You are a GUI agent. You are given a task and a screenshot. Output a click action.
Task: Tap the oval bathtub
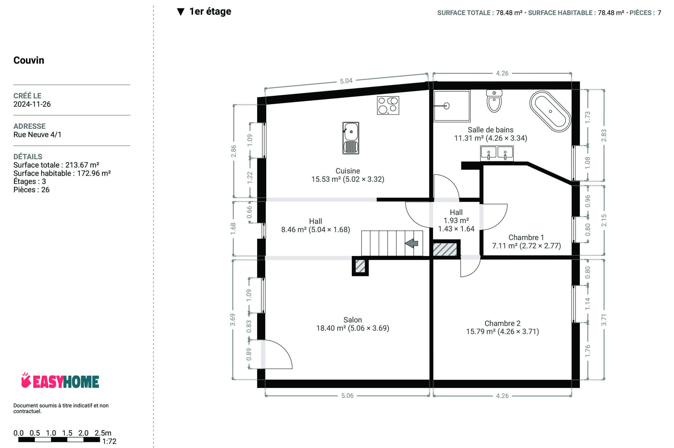click(x=550, y=111)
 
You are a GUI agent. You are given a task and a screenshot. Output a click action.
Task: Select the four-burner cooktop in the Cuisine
click(x=388, y=105)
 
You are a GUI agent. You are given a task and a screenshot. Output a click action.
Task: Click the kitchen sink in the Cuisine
click(x=351, y=138)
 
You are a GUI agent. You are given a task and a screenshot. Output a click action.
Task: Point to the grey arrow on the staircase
click(x=412, y=243)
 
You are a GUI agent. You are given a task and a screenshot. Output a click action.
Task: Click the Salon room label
click(x=352, y=320)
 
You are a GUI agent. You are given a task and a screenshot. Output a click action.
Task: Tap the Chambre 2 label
click(x=502, y=323)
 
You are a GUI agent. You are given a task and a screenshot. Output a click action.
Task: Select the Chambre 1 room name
click(x=526, y=237)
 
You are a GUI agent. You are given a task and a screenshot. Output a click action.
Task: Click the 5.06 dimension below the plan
click(x=347, y=396)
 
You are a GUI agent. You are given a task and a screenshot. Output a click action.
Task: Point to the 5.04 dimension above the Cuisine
click(x=346, y=81)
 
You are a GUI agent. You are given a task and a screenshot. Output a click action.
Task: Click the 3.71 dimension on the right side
click(x=604, y=320)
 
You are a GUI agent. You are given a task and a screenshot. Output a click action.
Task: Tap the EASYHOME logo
click(x=60, y=381)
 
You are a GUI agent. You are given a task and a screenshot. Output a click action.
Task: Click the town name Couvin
click(x=29, y=60)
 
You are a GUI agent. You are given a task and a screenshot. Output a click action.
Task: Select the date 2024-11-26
click(x=32, y=104)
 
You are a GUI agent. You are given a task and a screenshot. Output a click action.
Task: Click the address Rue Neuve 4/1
click(x=37, y=135)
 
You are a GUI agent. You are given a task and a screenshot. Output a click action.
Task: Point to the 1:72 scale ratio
click(x=109, y=441)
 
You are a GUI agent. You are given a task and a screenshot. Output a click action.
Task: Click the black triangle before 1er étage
click(x=181, y=12)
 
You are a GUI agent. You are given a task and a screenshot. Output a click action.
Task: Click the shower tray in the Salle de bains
click(x=452, y=106)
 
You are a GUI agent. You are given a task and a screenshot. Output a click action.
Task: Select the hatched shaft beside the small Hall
click(x=445, y=250)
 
